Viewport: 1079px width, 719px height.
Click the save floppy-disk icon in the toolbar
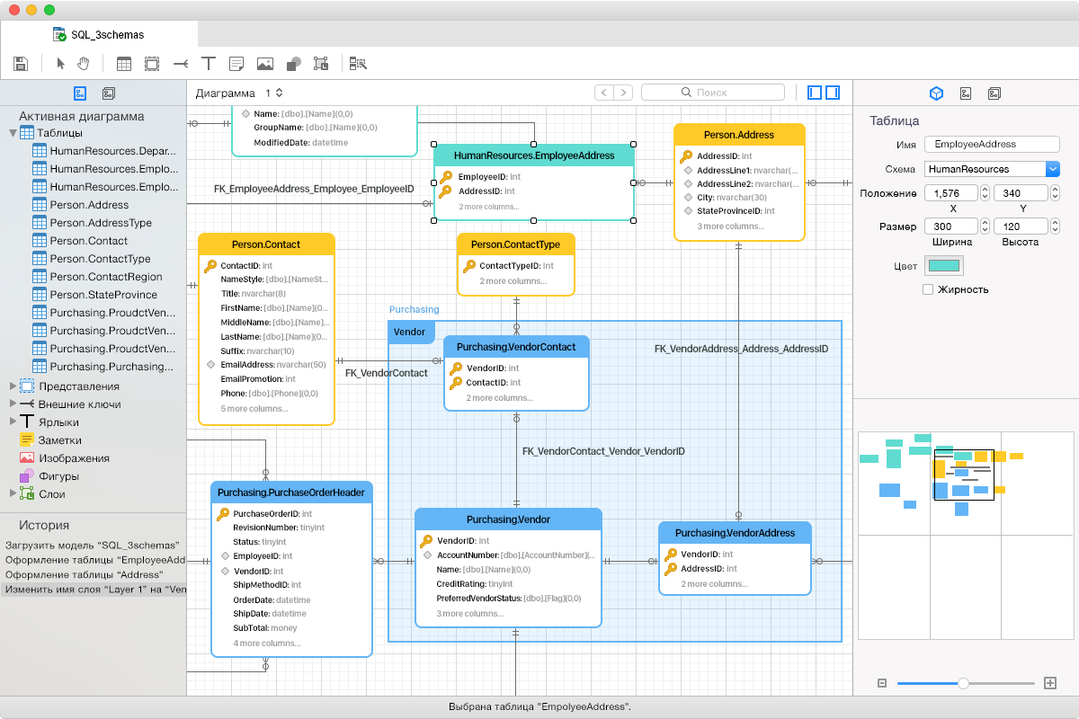tap(21, 64)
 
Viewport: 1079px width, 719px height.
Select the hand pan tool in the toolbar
tap(84, 63)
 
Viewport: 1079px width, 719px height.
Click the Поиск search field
tap(713, 92)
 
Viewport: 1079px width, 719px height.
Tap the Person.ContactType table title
tap(515, 244)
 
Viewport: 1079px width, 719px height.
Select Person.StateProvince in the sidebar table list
tap(103, 294)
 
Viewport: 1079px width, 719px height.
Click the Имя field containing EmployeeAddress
tap(991, 144)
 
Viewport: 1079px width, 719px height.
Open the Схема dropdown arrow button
tap(1053, 169)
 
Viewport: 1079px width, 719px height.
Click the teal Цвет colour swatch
tap(943, 266)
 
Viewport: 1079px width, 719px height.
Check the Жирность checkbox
tap(928, 289)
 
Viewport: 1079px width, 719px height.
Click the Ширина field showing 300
tap(951, 226)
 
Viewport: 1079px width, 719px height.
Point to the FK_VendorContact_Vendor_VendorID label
tap(603, 451)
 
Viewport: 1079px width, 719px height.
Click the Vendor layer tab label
tap(409, 332)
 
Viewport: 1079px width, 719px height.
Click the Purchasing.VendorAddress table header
tap(735, 533)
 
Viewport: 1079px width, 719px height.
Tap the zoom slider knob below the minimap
tap(963, 683)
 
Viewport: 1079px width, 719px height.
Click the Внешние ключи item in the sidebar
tap(79, 404)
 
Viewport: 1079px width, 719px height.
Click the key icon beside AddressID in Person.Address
tap(686, 156)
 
